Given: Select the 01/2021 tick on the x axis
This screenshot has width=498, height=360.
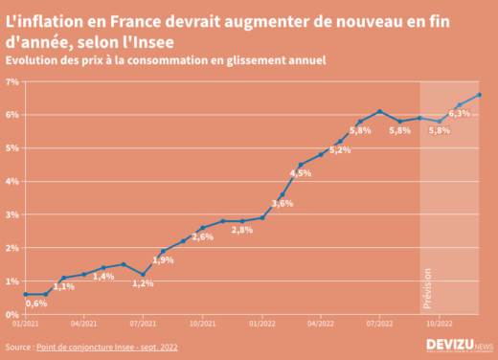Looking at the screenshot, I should pos(25,325).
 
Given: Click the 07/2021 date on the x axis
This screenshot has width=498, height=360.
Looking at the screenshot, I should pos(143,325).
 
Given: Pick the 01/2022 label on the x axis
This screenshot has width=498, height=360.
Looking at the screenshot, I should pos(261,325).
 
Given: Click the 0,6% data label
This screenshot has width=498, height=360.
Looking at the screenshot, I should pos(36,304).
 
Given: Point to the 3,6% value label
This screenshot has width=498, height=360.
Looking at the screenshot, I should pos(283,203).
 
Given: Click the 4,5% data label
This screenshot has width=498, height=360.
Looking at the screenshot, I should pos(301,173).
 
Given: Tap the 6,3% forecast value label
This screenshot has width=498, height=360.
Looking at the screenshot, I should pos(460,114).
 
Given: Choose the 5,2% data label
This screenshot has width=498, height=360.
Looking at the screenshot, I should pos(340,150).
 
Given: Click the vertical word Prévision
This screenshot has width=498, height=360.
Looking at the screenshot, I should pos(428,286).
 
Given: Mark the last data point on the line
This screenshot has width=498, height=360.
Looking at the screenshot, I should pos(479,95).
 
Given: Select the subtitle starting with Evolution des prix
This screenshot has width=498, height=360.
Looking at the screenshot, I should pos(166,59).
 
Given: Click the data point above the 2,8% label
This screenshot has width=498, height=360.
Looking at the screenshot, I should pos(242,221).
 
